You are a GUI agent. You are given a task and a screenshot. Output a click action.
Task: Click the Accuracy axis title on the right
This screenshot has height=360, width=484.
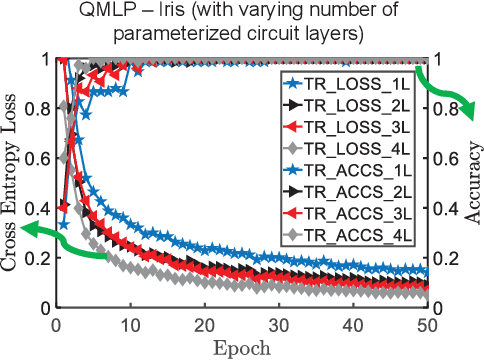pyautogui.click(x=472, y=183)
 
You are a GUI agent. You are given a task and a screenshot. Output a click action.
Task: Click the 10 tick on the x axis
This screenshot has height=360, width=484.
pyautogui.click(x=129, y=327)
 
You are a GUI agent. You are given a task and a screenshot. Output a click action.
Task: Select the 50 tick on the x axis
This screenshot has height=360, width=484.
pyautogui.click(x=425, y=327)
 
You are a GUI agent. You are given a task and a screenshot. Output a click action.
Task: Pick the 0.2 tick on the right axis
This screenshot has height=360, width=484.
pyautogui.click(x=446, y=258)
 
